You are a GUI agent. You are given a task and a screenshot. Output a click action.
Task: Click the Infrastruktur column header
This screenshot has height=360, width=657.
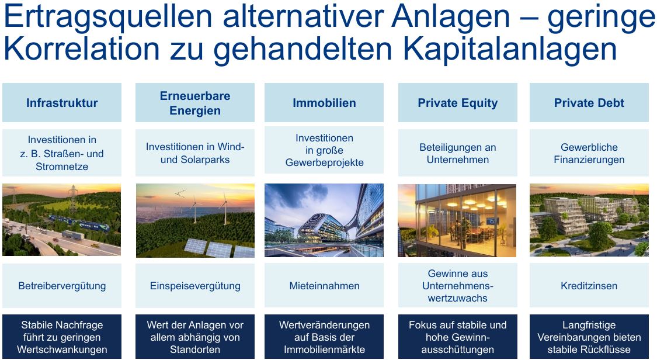[62, 103]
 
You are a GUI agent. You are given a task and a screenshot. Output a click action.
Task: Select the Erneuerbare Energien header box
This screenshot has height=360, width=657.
[195, 103]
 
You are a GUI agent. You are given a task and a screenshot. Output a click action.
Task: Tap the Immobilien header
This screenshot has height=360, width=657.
[324, 103]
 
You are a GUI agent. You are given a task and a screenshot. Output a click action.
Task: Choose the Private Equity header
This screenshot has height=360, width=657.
[457, 103]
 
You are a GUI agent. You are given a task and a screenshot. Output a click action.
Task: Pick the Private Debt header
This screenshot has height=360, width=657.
[589, 103]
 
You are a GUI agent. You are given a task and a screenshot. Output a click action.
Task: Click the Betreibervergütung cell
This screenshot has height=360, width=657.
[62, 286]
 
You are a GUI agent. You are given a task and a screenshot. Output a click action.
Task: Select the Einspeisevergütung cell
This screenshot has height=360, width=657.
[195, 286]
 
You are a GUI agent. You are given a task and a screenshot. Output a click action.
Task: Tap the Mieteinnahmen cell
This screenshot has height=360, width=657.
[324, 286]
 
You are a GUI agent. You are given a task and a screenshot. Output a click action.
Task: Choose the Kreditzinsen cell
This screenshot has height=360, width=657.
[589, 286]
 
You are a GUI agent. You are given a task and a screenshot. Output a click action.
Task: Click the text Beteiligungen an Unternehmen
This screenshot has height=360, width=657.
[457, 153]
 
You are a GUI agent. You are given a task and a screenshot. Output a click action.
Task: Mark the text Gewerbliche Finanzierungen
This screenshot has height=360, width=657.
[589, 153]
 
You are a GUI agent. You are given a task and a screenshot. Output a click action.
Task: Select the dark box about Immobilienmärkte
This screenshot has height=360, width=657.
[324, 337]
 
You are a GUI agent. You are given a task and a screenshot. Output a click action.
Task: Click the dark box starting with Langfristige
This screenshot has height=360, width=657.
[589, 337]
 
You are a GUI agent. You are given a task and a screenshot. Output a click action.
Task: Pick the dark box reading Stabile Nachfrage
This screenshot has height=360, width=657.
[62, 337]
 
